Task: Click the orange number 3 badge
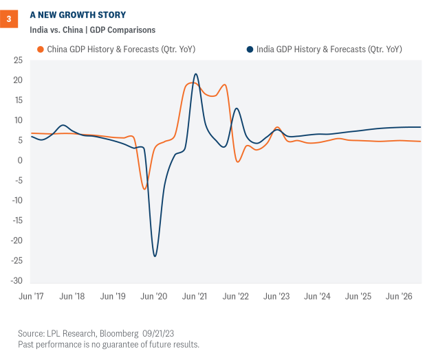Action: (9, 19)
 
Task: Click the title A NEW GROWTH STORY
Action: (78, 14)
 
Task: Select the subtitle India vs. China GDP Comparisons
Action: (92, 30)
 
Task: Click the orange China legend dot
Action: (41, 49)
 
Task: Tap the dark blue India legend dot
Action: (248, 49)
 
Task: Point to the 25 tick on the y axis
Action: (18, 60)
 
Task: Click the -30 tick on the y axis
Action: (16, 281)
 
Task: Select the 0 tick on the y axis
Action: (20, 161)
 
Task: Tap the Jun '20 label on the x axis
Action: (154, 296)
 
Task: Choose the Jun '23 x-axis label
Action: (277, 296)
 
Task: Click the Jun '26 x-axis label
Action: (400, 296)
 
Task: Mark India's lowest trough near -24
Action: (155, 256)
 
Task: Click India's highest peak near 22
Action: (196, 74)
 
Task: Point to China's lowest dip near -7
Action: (144, 189)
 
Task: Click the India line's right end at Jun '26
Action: (420, 127)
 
